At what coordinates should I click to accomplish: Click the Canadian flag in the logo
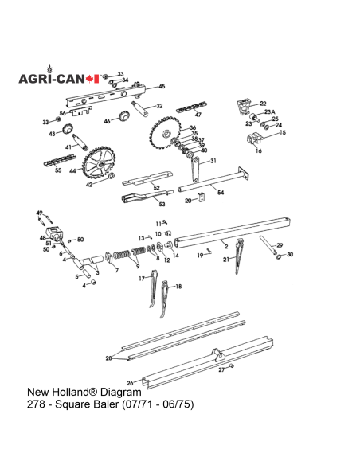pyautogui.click(x=93, y=79)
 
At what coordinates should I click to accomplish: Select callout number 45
pyautogui.click(x=162, y=86)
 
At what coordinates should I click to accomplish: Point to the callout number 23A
pyautogui.click(x=268, y=112)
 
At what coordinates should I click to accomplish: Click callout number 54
pyautogui.click(x=221, y=193)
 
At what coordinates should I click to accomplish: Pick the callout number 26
pyautogui.click(x=130, y=382)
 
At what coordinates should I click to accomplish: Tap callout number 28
pyautogui.click(x=109, y=359)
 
